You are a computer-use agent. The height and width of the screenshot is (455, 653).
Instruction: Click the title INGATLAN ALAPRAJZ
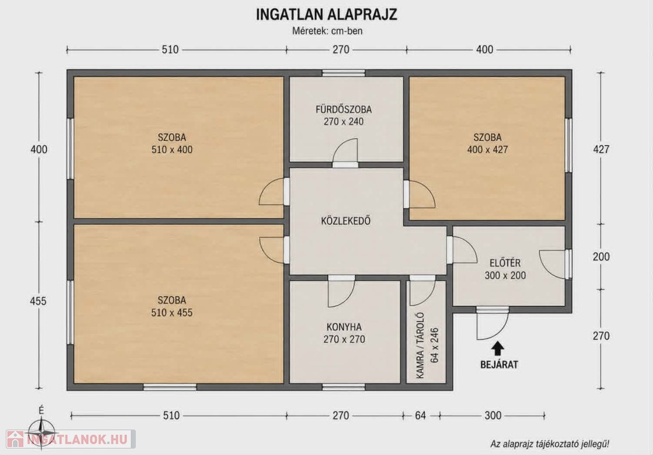tap(326, 15)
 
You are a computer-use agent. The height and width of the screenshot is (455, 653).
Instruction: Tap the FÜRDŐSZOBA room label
tap(344, 110)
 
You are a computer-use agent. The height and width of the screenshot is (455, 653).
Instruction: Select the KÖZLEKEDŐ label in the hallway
tap(346, 220)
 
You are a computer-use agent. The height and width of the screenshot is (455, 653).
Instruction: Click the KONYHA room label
tap(344, 327)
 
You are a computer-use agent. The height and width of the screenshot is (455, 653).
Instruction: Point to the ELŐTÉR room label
tap(505, 263)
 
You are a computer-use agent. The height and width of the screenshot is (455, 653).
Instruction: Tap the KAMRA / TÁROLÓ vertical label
tap(420, 345)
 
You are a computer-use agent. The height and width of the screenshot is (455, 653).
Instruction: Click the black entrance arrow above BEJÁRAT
tap(498, 349)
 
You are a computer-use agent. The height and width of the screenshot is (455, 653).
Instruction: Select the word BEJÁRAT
tap(499, 365)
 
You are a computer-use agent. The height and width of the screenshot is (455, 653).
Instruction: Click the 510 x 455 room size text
tap(172, 313)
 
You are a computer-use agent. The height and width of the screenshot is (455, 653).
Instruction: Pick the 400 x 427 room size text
tap(488, 150)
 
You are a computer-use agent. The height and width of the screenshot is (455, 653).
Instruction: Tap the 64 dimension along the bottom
tap(421, 415)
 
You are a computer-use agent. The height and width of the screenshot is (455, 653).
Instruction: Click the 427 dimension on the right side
tap(601, 149)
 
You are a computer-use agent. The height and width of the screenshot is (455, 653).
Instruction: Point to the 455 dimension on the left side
tap(38, 301)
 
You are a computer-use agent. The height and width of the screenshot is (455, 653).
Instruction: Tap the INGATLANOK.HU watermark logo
tap(70, 439)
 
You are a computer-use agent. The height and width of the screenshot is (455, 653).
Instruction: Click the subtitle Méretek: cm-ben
tap(327, 31)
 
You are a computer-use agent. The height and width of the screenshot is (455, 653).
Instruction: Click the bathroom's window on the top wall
tap(344, 73)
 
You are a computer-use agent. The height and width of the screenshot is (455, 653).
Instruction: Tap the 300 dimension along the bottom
tap(493, 415)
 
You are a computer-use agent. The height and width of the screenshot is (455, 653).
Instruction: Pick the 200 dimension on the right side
tap(601, 257)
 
